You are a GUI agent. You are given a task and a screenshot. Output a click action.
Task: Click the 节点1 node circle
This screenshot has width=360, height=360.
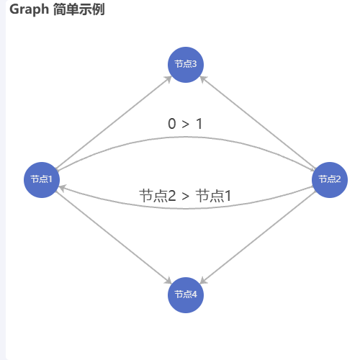42,180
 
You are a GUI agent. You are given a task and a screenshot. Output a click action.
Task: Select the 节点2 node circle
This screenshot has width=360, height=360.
330,180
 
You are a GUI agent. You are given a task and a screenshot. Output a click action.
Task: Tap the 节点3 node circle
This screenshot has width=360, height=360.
186,65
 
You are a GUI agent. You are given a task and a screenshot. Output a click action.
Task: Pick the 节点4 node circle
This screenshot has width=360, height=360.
186,295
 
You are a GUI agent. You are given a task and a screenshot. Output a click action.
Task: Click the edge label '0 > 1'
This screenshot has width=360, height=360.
185,124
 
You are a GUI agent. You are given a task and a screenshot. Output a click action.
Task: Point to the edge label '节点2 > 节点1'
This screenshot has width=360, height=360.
185,196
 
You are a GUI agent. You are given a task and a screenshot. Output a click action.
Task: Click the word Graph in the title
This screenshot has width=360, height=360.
29,10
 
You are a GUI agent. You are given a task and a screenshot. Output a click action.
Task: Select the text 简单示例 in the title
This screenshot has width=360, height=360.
79,10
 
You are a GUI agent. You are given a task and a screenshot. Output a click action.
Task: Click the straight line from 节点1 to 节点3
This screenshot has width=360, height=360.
114,122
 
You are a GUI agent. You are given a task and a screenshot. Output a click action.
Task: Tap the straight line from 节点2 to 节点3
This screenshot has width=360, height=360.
258,122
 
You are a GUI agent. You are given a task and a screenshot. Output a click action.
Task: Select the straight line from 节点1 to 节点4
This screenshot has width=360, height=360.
114,238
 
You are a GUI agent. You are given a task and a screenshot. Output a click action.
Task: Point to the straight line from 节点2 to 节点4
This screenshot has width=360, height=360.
258,238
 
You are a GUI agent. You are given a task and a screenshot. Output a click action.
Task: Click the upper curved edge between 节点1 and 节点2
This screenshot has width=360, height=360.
186,137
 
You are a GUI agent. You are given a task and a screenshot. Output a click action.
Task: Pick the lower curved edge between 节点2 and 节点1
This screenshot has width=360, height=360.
186,209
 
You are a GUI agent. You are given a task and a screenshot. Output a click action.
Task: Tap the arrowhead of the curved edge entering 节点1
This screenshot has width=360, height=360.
62,188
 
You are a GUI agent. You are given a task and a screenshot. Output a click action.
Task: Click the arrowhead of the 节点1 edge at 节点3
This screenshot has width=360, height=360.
168,79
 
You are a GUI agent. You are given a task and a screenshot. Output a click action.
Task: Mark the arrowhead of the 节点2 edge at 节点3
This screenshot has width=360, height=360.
203,79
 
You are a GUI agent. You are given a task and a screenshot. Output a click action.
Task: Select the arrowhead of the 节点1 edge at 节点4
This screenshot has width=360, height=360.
168,281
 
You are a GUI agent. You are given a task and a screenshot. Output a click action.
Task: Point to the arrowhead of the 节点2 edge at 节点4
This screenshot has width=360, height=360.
203,281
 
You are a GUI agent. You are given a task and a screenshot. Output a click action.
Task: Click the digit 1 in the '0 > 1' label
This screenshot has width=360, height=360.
199,124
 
